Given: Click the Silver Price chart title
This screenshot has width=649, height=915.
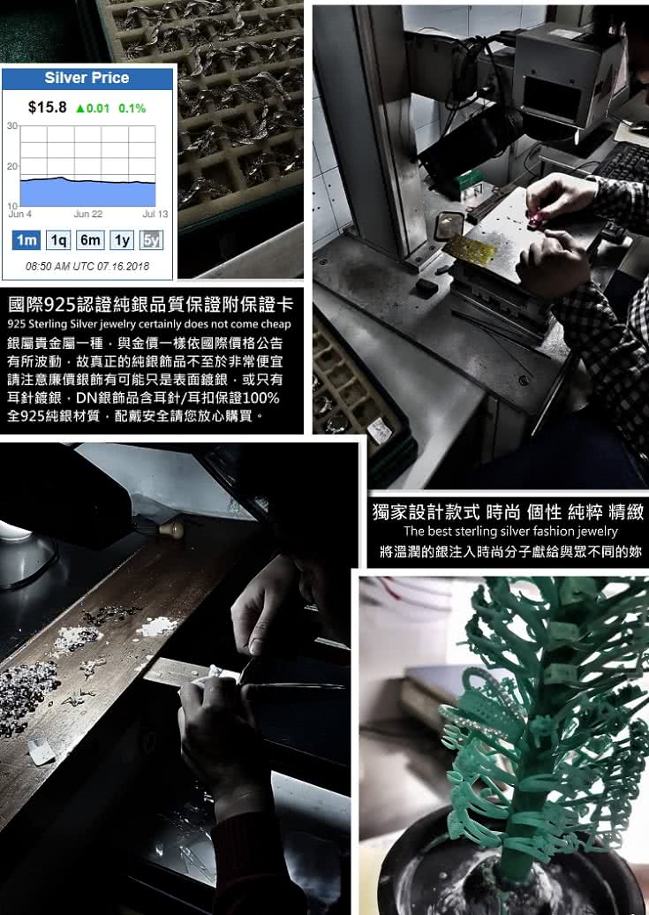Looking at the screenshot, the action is [87, 79].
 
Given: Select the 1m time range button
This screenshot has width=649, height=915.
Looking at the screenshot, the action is [26, 240].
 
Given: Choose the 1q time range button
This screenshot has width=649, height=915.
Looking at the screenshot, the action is [58, 240].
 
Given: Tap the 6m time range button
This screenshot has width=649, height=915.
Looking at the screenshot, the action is [90, 240].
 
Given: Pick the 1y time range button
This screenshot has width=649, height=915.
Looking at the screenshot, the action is [122, 240].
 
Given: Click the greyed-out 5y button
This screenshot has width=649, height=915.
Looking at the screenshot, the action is [151, 240].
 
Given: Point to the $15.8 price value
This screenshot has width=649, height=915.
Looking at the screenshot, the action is [48, 108].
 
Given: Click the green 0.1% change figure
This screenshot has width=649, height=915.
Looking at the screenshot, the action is [132, 109].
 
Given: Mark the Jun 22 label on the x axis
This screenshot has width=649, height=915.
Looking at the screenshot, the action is [88, 214].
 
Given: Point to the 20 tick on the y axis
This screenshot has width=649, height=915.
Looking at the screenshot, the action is [12, 166].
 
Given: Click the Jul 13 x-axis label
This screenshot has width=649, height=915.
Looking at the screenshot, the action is [155, 214].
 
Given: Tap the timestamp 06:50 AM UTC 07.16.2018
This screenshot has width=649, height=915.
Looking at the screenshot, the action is [87, 267].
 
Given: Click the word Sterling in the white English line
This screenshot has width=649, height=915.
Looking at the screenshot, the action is [43, 324].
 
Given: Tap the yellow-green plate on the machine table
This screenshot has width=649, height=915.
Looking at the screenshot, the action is [471, 249].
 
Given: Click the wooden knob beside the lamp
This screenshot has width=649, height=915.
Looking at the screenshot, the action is [170, 529].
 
